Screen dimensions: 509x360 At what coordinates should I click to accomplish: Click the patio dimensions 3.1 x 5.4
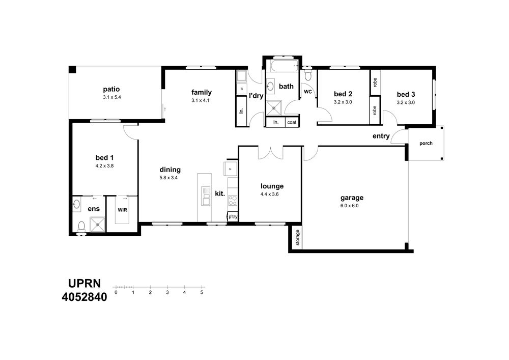click(x=111, y=97)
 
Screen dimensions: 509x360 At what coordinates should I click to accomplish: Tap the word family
click(x=201, y=92)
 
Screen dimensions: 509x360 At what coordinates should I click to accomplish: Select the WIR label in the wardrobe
click(x=122, y=210)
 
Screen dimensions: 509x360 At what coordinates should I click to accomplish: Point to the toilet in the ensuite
click(x=81, y=226)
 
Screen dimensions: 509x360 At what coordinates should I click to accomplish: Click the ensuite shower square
click(x=97, y=225)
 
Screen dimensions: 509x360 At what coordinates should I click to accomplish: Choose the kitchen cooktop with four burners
click(x=233, y=200)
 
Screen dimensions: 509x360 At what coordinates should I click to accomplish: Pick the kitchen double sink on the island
click(x=206, y=196)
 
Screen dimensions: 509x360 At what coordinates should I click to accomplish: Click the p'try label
click(x=233, y=216)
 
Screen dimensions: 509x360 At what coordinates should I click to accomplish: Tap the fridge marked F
click(x=230, y=169)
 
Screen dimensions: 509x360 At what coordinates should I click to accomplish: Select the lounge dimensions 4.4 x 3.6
click(x=269, y=194)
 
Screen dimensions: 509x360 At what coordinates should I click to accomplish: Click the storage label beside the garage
click(x=298, y=238)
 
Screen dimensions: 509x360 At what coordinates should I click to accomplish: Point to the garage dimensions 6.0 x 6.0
click(x=349, y=206)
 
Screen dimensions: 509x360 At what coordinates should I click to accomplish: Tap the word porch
click(x=426, y=143)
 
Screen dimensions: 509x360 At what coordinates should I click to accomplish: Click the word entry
click(x=381, y=136)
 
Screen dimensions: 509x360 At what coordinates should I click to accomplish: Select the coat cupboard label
click(x=292, y=122)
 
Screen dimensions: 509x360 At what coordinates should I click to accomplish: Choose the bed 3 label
click(x=406, y=95)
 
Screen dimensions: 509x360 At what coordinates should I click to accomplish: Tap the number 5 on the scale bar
click(x=202, y=292)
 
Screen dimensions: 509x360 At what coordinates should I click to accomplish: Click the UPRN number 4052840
click(x=84, y=297)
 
